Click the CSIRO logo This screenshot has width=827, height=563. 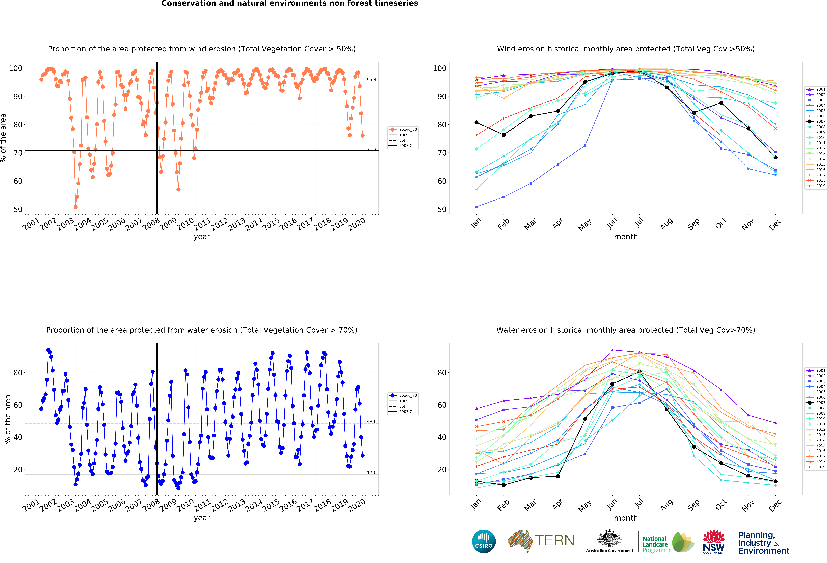484,541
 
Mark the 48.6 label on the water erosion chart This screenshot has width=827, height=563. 372,422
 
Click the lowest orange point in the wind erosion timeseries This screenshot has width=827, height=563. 75,207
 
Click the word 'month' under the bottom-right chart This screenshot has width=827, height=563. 626,518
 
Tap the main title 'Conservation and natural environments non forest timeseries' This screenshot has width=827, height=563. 290,4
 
